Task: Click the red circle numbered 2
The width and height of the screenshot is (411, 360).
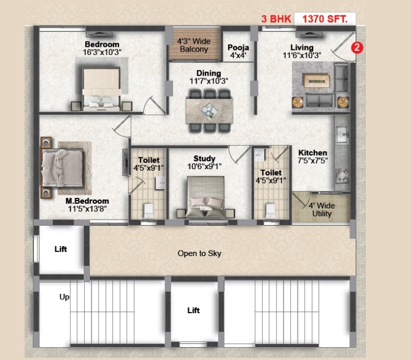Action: pos(357,48)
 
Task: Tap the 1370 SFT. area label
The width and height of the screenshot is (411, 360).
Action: pos(325,19)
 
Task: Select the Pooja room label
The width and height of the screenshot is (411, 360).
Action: pos(238,47)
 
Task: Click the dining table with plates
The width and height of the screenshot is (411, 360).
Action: pos(210,111)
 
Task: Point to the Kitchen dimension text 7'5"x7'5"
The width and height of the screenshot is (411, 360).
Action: pos(313,160)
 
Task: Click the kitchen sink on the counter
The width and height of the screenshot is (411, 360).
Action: pos(342,134)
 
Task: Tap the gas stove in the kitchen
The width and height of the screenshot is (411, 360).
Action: pos(343,176)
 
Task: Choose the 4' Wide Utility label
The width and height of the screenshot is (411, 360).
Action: pos(322,209)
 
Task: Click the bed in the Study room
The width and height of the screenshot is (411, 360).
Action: pos(206,197)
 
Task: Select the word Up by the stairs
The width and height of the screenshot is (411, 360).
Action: pos(65,297)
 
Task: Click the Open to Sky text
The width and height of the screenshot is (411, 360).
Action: pos(199,254)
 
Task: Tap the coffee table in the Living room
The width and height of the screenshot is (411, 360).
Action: pos(316,81)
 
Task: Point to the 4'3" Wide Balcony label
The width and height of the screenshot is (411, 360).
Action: pos(194,45)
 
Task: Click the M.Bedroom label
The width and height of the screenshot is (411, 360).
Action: pos(87,201)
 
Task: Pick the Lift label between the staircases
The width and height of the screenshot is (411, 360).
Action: pos(194,311)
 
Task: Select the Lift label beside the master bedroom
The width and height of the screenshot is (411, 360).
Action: pos(61,249)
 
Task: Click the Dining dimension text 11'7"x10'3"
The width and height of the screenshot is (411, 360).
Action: pos(209,81)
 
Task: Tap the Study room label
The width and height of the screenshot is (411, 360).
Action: pos(204,158)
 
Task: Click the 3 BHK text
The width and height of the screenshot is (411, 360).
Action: pos(276,19)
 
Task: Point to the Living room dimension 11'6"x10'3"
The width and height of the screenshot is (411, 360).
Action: pos(302,56)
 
